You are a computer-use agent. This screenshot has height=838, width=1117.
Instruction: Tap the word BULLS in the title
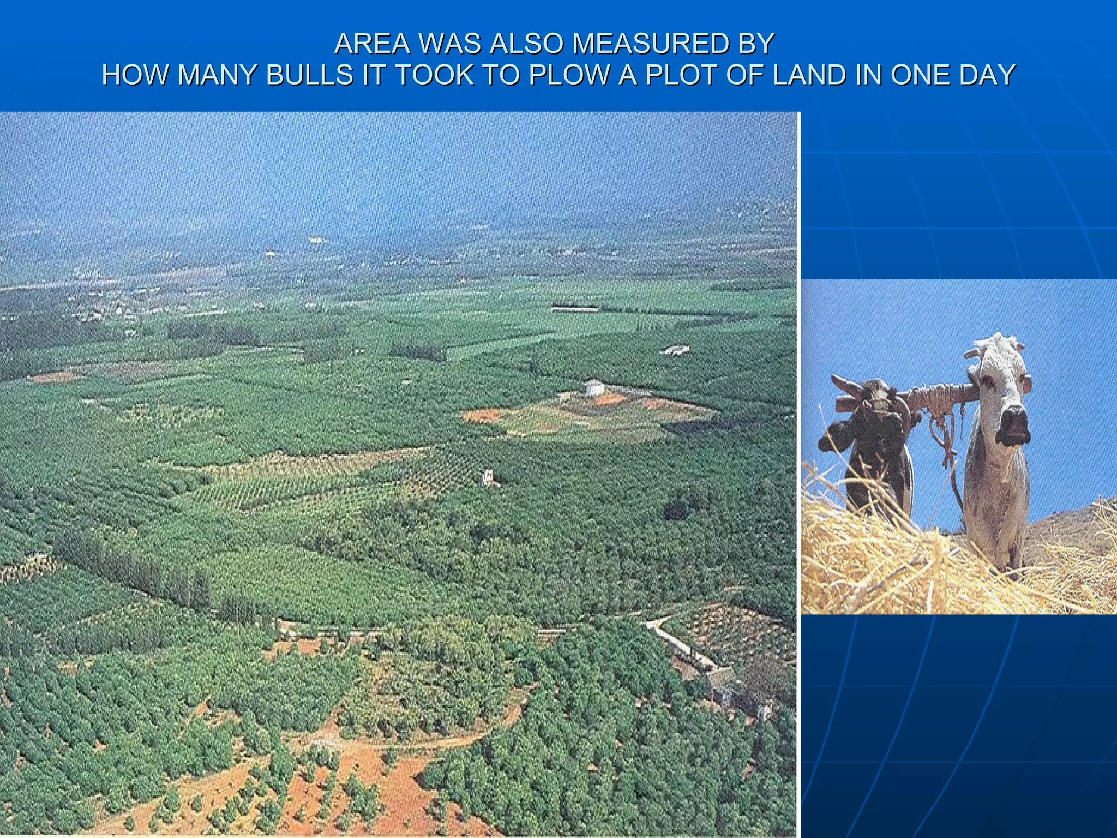pos(309,75)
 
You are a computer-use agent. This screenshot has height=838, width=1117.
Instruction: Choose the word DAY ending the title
pos(987,75)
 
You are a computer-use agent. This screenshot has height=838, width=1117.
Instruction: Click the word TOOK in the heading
pos(434,75)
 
